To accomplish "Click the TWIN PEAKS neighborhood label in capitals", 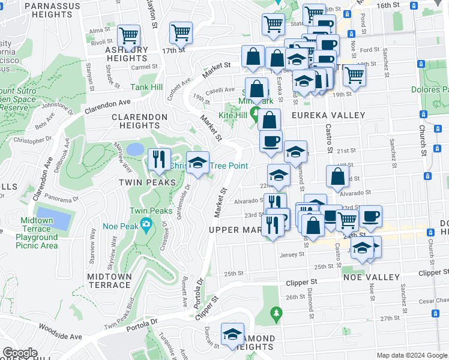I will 139,182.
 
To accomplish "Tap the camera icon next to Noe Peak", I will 146,225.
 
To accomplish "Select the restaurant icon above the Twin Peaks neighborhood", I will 159,160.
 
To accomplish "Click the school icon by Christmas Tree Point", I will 197,163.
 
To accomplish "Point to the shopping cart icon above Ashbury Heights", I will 129,37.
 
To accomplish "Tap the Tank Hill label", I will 147,87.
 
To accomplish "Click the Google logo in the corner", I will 20,353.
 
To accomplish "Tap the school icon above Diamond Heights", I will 232,335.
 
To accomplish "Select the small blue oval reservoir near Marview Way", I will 135,149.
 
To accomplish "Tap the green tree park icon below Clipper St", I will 276,313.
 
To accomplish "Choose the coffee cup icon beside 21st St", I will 271,142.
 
